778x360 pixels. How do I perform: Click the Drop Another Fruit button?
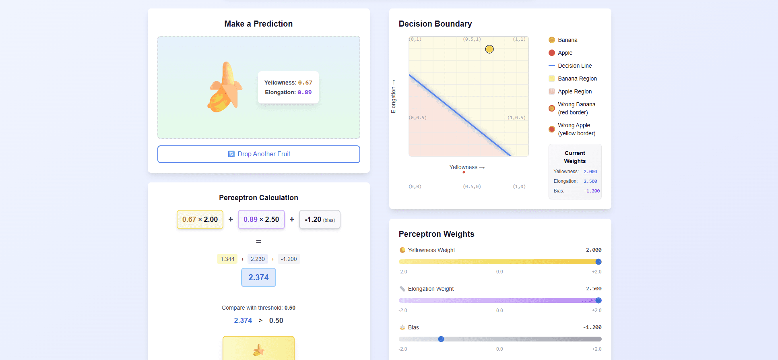(258, 154)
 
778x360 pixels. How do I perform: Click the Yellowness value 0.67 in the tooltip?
(305, 83)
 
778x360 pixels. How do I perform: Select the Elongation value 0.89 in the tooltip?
(304, 92)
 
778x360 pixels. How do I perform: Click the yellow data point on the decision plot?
(489, 49)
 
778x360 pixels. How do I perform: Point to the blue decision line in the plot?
(459, 115)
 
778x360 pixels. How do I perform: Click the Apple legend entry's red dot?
(552, 53)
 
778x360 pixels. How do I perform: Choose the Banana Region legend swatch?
(552, 79)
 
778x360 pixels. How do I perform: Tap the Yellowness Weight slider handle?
(598, 262)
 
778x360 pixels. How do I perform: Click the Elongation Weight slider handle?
(598, 300)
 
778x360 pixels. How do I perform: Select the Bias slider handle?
(441, 339)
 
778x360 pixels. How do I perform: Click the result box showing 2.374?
(258, 277)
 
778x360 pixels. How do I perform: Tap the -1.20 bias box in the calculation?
(320, 219)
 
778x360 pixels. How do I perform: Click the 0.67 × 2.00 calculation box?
(200, 219)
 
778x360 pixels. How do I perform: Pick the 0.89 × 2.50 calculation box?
(261, 219)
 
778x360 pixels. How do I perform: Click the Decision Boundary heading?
(435, 24)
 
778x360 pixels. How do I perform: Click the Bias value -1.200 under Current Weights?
(592, 191)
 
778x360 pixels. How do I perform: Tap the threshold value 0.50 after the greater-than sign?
(276, 321)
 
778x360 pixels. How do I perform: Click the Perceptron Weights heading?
(436, 234)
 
